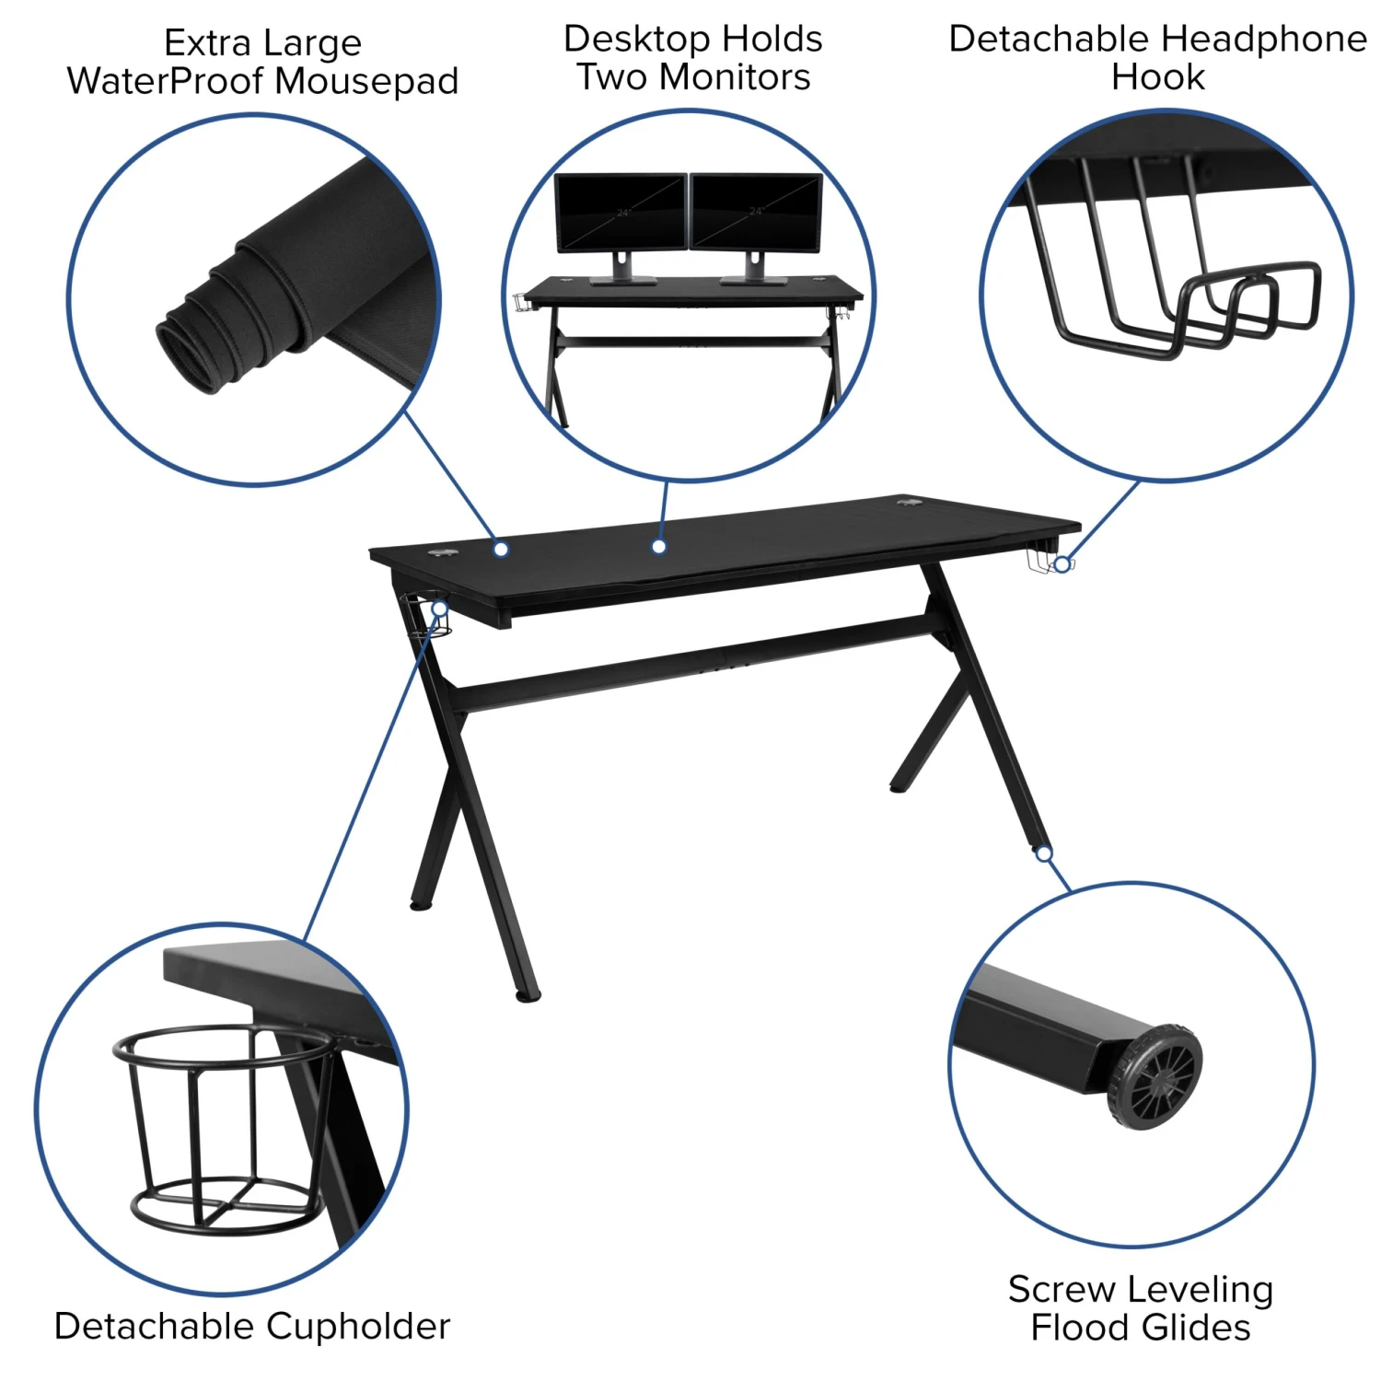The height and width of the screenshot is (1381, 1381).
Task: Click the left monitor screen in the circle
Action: point(621,212)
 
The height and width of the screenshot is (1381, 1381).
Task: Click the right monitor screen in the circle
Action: point(756,212)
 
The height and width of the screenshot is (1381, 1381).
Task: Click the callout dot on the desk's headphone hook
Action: point(1062,564)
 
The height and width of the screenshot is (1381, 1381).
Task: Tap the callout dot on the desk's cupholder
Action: point(440,609)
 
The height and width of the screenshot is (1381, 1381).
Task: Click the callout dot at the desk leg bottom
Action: point(1044,853)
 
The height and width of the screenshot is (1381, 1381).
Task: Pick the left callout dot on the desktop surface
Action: point(501,549)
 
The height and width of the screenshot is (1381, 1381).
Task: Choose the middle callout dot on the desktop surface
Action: point(659,547)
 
